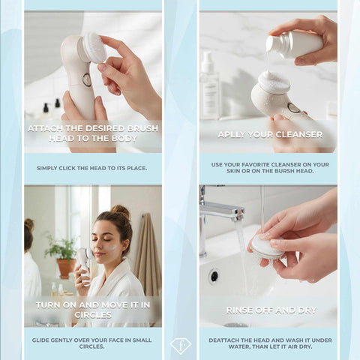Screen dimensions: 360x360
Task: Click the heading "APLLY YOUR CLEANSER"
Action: point(269,135)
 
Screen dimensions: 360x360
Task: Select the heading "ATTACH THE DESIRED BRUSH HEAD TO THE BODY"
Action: point(93,133)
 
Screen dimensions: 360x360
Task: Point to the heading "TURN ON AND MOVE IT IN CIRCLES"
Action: point(93,310)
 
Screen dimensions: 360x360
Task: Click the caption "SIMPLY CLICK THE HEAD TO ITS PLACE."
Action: point(93,168)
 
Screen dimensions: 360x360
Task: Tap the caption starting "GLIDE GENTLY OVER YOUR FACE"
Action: point(93,343)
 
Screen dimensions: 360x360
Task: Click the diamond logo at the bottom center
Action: point(180,346)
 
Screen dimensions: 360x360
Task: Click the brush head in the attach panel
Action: point(94,46)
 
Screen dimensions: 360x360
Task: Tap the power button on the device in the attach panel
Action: point(87,79)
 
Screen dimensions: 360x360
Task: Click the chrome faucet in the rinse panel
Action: point(217,214)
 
